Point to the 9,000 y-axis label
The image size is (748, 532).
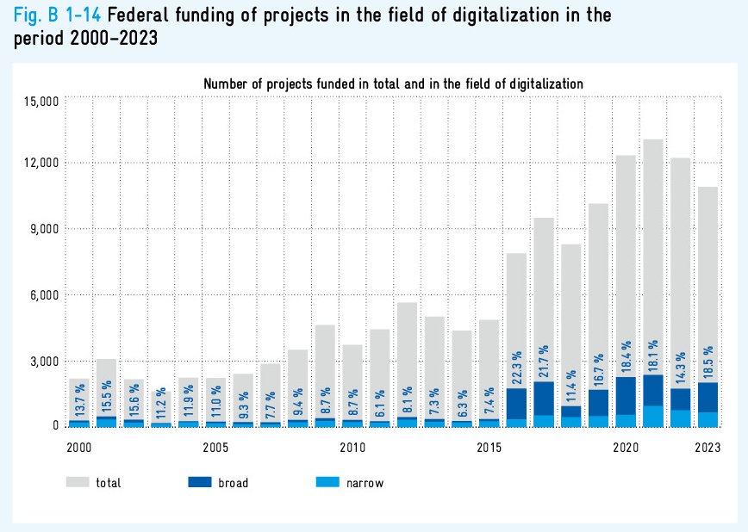[42, 229]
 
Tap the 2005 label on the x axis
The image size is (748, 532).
[215, 448]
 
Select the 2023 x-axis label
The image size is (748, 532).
[708, 448]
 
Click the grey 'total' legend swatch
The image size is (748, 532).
[78, 483]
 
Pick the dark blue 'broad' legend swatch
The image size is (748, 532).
[200, 483]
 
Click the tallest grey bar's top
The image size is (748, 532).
[653, 140]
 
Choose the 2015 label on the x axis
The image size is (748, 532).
[489, 448]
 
